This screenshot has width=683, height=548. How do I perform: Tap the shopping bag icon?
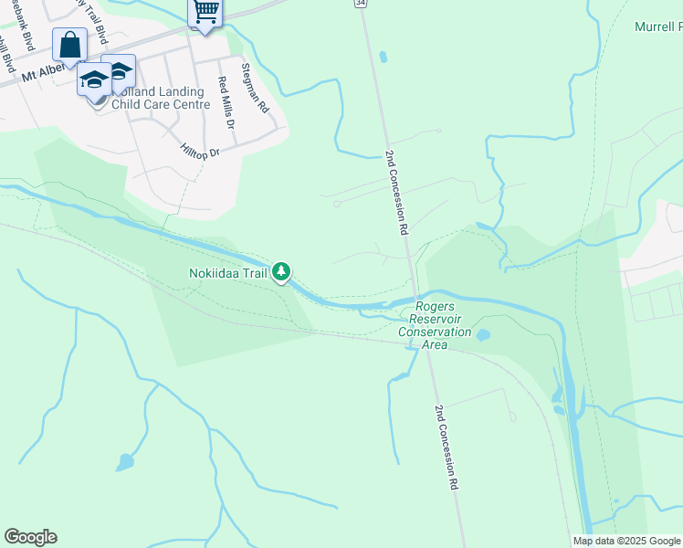70,45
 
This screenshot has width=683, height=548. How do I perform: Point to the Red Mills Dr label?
226,101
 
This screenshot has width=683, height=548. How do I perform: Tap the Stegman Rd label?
256,88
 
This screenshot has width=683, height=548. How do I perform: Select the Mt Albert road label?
46,72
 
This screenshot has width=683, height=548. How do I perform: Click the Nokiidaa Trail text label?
228,272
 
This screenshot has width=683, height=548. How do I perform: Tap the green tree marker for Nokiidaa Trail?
283,270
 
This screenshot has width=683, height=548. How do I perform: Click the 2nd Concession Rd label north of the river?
395,193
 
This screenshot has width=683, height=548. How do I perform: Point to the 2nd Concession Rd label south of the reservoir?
446,448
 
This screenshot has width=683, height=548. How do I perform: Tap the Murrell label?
657,26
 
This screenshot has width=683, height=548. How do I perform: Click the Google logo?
30,537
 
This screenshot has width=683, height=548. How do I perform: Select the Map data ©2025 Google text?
626,541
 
